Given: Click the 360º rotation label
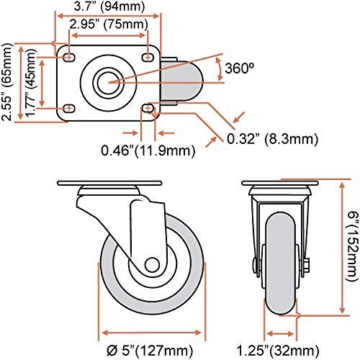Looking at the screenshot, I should pyautogui.click(x=238, y=69).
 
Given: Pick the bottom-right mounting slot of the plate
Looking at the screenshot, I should pyautogui.click(x=149, y=108).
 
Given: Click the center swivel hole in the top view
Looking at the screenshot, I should pyautogui.click(x=109, y=81).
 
